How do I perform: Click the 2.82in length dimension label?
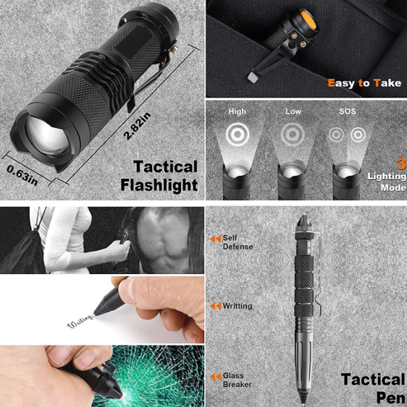point(137,125)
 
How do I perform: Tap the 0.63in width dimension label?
point(22,175)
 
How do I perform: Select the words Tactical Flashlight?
point(159,176)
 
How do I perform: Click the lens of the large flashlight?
point(47,137)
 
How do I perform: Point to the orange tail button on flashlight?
point(309,20)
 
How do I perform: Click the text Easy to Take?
point(365,83)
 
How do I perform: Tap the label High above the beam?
point(237,111)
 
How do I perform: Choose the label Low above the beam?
point(293,111)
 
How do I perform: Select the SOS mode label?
point(347,111)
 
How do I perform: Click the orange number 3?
point(402,164)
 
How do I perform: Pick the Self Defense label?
point(238,242)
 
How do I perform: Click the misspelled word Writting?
point(237,306)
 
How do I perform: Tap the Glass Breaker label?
point(237,380)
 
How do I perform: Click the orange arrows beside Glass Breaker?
point(216,376)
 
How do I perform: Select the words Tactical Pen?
point(373,388)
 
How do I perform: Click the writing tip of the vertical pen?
point(304,400)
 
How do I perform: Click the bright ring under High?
point(237,135)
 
